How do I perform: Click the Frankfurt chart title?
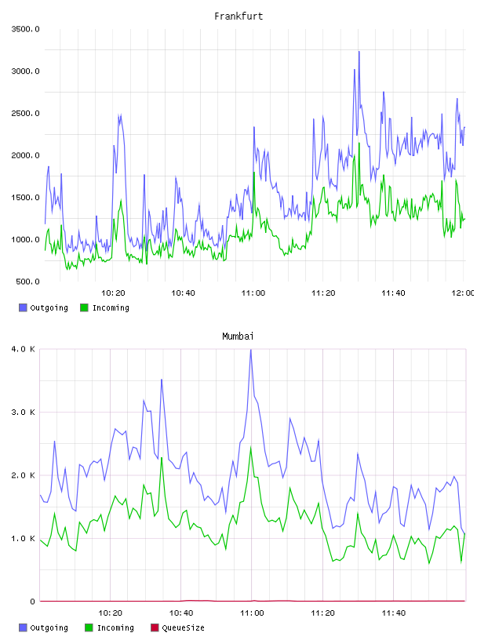238,16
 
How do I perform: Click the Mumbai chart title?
238,336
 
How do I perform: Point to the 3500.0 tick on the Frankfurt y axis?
26,29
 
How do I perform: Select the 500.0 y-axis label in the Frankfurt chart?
27,282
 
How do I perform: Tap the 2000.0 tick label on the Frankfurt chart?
26,155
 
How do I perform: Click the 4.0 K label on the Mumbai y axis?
24,349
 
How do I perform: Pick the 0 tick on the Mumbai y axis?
33,602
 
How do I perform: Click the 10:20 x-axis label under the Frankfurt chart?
113,293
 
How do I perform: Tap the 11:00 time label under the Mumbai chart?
252,613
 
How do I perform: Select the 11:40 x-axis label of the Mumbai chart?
394,613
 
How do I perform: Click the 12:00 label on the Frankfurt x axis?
463,293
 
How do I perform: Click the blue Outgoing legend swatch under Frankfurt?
23,307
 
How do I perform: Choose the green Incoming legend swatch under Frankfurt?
84,307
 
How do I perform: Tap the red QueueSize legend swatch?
155,627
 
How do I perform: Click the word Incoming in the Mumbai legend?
115,627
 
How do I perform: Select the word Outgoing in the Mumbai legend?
49,627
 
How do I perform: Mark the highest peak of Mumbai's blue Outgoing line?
251,350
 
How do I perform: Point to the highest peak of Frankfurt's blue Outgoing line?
359,52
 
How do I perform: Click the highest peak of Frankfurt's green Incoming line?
359,143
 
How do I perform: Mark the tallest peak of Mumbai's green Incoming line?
251,447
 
